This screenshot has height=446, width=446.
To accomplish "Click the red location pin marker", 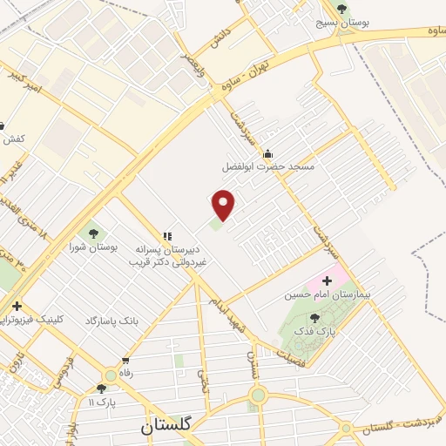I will pyautogui.click(x=225, y=204).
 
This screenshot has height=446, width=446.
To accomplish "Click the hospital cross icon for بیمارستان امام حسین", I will pyautogui.click(x=328, y=280).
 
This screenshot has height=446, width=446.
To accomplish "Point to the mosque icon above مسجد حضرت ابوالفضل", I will pyautogui.click(x=267, y=150).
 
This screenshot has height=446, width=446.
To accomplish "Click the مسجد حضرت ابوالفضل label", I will pyautogui.click(x=267, y=165).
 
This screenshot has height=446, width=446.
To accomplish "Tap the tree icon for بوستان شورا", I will pyautogui.click(x=91, y=233).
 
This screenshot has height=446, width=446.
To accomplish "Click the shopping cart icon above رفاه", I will pyautogui.click(x=126, y=361).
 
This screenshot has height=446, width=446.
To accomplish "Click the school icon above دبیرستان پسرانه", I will pyautogui.click(x=167, y=235).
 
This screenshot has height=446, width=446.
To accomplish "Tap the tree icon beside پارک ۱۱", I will pyautogui.click(x=102, y=389).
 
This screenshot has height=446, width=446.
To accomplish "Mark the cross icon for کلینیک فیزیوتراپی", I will pyautogui.click(x=16, y=306).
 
